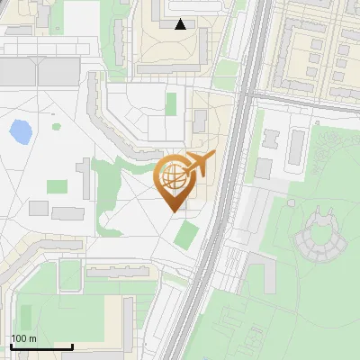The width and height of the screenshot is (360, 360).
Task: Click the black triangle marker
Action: pyautogui.click(x=181, y=24)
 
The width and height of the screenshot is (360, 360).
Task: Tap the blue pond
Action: pyautogui.click(x=19, y=132)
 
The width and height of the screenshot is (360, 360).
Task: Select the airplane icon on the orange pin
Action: pyautogui.click(x=201, y=163)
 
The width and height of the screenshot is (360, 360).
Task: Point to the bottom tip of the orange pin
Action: pyautogui.click(x=173, y=211)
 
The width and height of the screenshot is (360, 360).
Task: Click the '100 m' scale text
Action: pyautogui.click(x=23, y=338)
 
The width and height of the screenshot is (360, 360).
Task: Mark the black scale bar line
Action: pyautogui.click(x=41, y=346)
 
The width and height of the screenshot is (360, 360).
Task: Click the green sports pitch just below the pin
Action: pyautogui.click(x=186, y=234)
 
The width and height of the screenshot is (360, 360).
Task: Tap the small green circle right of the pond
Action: pyautogui.click(x=57, y=126)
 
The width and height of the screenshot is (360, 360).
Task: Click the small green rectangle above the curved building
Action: pyautogui.click(x=171, y=103)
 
